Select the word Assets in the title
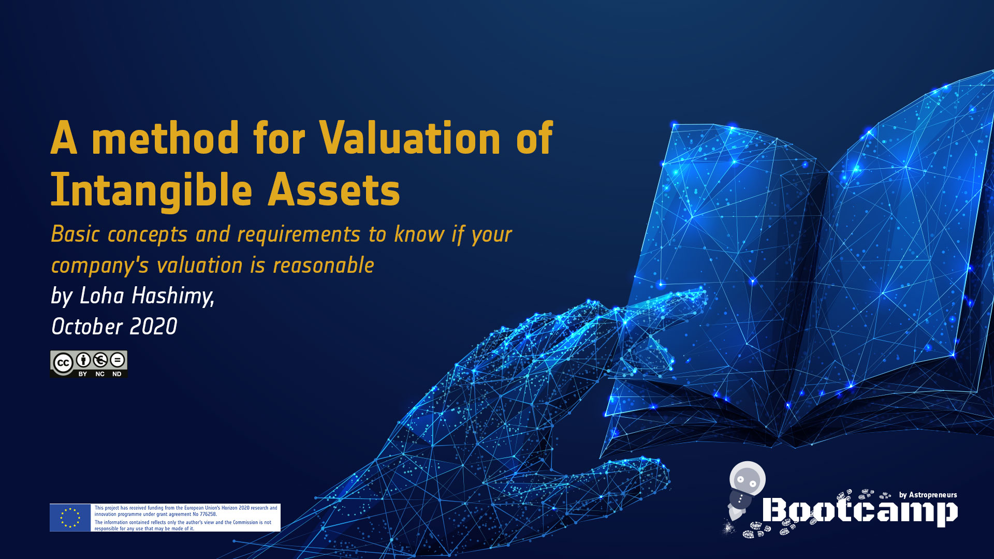click(334, 189)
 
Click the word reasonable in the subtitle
click(323, 266)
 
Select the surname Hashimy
click(172, 297)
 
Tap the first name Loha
click(102, 296)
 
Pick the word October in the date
click(87, 327)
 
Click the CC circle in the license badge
click(63, 363)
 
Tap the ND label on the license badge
click(117, 374)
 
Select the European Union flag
click(70, 518)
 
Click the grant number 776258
click(208, 514)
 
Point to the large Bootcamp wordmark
click(860, 511)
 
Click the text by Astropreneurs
click(928, 495)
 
